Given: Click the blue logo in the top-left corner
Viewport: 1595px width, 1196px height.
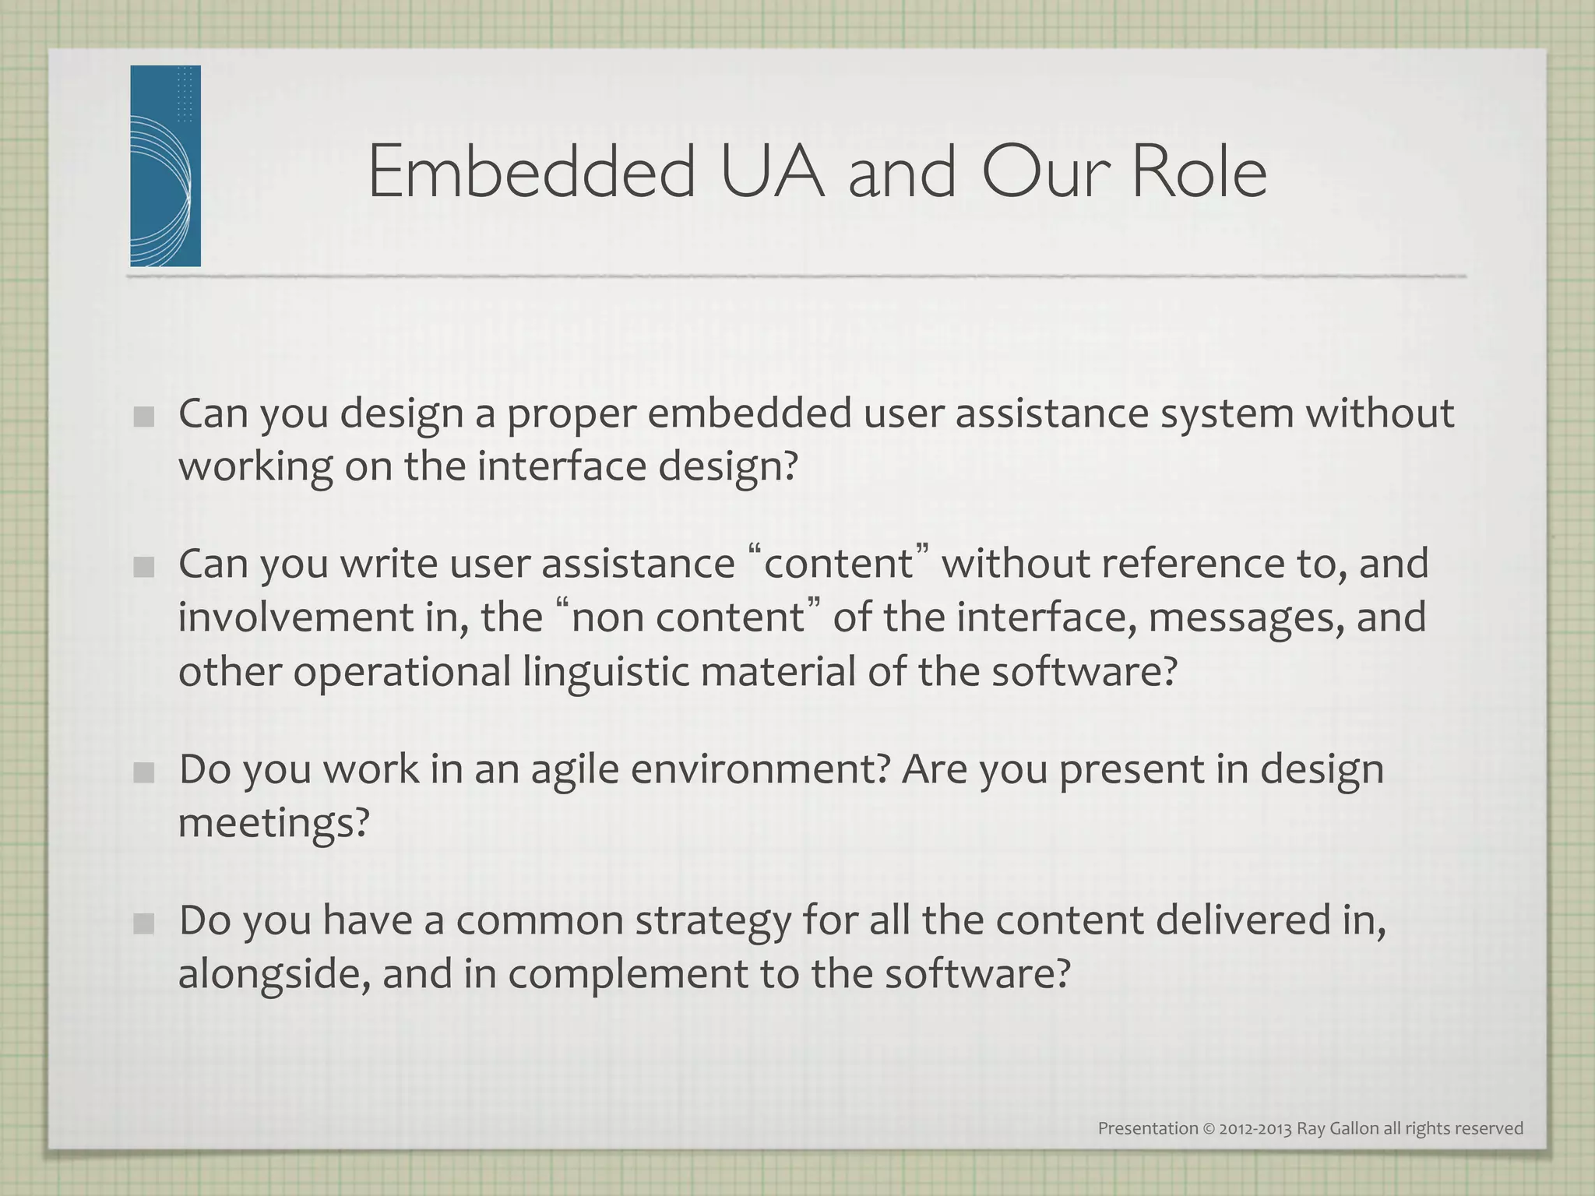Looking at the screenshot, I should pyautogui.click(x=165, y=166).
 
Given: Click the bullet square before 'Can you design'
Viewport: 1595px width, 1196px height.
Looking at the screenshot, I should pyautogui.click(x=143, y=417).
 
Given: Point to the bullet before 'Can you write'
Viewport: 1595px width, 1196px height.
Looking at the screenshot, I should pyautogui.click(x=143, y=567).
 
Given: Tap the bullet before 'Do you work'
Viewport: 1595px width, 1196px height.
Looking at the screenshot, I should pyautogui.click(x=143, y=772).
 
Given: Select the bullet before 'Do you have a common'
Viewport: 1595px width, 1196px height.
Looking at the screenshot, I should pyautogui.click(x=143, y=923).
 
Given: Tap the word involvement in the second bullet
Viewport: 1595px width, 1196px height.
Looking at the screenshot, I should pyautogui.click(x=295, y=617).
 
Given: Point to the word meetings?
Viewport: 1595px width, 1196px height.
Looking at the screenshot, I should pyautogui.click(x=273, y=823).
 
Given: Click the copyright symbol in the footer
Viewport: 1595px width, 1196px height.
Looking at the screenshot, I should pyautogui.click(x=1209, y=1128).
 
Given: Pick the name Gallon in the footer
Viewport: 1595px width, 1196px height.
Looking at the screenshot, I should pyautogui.click(x=1355, y=1128).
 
